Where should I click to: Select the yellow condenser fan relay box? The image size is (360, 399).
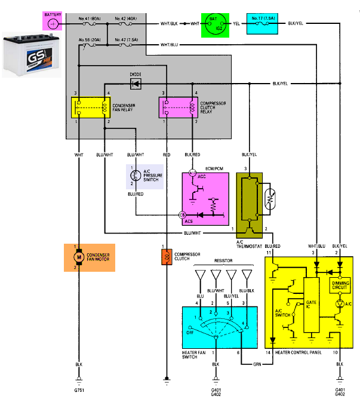click(87, 108)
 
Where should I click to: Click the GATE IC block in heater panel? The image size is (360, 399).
click(312, 305)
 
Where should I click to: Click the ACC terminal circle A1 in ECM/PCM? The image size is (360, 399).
click(192, 173)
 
